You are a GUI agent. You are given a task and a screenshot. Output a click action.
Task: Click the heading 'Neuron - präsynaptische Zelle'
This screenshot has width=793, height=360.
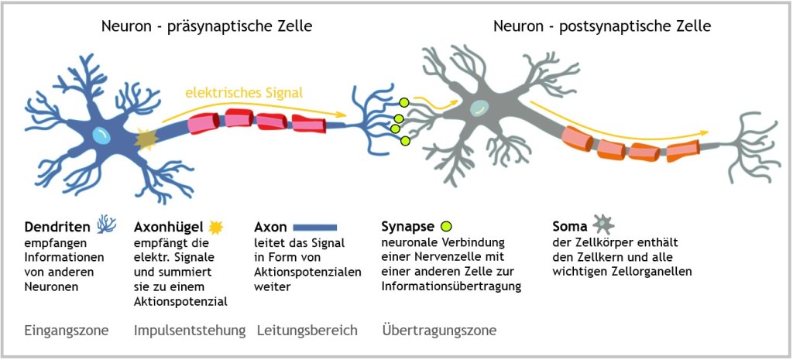click(x=207, y=26)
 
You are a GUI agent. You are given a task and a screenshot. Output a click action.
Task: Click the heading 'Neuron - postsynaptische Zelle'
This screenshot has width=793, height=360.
click(x=602, y=26)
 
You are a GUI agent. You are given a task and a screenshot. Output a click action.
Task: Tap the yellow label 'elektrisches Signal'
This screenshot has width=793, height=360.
click(x=243, y=93)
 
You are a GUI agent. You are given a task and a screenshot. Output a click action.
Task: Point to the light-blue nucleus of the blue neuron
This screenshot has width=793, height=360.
click(x=101, y=135)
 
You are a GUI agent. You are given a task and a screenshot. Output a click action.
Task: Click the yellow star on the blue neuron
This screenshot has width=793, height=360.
click(x=146, y=139)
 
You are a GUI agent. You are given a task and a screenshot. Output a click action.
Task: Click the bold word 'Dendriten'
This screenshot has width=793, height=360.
click(x=58, y=227)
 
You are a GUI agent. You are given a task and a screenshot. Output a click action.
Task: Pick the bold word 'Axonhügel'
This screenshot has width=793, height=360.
click(x=168, y=227)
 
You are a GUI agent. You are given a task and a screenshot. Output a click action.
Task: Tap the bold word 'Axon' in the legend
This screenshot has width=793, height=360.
click(x=270, y=227)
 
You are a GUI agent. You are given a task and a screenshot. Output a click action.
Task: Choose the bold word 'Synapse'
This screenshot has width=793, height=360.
click(x=407, y=227)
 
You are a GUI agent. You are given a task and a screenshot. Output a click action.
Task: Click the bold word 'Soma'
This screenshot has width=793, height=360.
click(x=569, y=227)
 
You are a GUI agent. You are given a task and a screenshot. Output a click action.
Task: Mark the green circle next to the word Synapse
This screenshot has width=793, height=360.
click(x=446, y=227)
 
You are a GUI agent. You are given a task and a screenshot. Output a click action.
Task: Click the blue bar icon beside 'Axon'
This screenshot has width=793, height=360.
click(x=315, y=228)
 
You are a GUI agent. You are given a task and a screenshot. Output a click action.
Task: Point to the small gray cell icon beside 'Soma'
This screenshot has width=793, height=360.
click(x=602, y=225)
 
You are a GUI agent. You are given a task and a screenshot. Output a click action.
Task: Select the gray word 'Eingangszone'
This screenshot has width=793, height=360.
click(x=67, y=331)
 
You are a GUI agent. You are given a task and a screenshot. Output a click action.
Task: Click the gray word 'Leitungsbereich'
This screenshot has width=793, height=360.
click(x=307, y=331)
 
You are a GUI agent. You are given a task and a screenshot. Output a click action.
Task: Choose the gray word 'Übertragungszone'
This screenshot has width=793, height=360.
click(x=439, y=331)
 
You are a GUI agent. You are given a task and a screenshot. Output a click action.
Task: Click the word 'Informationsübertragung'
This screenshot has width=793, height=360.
click(x=451, y=286)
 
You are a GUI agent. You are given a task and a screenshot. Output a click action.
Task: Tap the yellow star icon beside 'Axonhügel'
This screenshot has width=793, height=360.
click(x=217, y=226)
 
